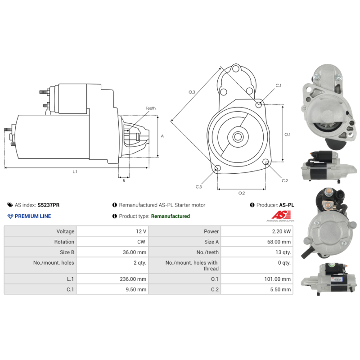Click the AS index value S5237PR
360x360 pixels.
pos(49,205)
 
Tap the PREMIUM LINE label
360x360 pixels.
pos(33,216)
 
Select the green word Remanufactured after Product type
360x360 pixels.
pos(170,216)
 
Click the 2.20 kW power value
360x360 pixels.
pos(281,231)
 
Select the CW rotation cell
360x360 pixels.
pos(141,242)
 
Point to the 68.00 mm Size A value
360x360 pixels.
pos(279,242)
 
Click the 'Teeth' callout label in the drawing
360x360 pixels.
pos(150,108)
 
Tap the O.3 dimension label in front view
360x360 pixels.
pos(192,92)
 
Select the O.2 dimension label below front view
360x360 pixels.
pos(241,193)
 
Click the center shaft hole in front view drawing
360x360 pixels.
pos(238,136)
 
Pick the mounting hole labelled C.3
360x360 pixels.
pos(218,168)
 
